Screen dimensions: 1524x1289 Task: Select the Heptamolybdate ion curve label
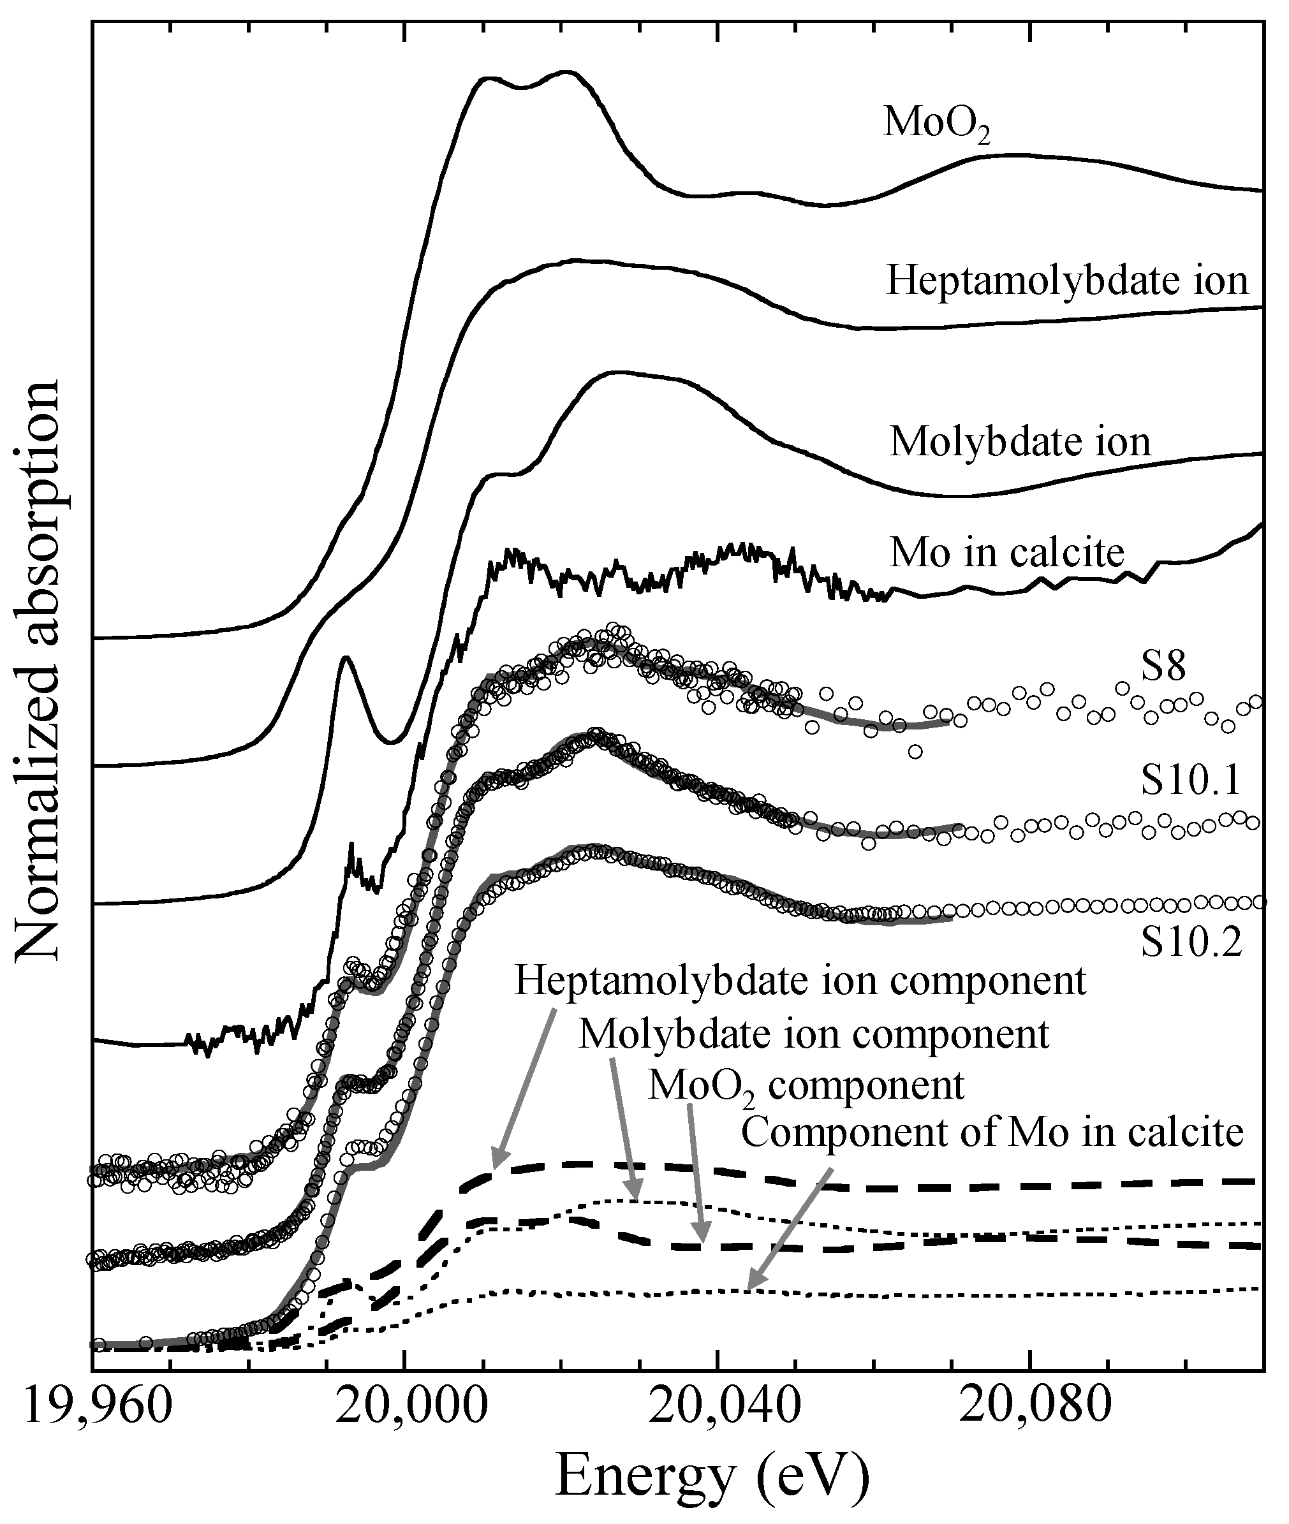pos(1067,280)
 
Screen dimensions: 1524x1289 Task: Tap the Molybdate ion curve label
pos(1019,443)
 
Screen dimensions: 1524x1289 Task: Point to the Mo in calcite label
pos(1006,553)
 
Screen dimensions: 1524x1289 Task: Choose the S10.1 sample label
pos(1190,781)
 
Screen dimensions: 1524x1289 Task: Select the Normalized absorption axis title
pos(38,668)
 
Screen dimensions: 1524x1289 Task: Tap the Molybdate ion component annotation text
pos(813,1034)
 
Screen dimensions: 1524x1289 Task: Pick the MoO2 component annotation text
pos(806,1087)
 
